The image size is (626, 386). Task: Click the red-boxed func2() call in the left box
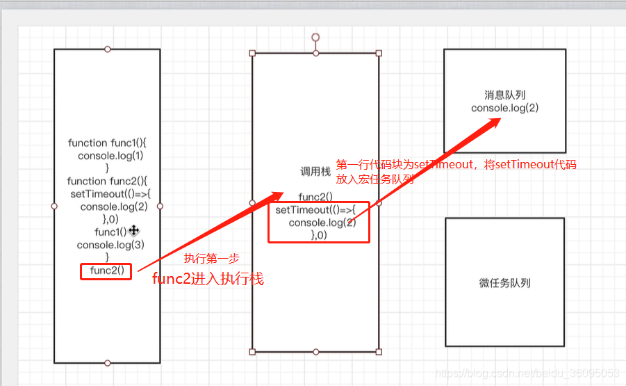[x=106, y=271]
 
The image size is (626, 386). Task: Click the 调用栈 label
[x=315, y=172]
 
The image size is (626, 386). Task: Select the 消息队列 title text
[x=504, y=95]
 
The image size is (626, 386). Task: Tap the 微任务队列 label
[x=505, y=283]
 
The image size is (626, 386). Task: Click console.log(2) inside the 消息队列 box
[x=504, y=108]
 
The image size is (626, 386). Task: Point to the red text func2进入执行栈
[x=208, y=280]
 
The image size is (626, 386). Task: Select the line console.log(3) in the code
[x=110, y=245]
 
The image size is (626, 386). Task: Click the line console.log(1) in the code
[x=110, y=156]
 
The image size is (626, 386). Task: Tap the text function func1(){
[x=107, y=143]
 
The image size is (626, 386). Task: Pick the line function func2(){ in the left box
[x=107, y=181]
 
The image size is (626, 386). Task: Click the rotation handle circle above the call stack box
[x=315, y=36]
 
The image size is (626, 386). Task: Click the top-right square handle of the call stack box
[x=379, y=53]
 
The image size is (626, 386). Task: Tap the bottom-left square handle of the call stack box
[x=252, y=352]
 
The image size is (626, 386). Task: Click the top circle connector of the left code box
[x=107, y=49]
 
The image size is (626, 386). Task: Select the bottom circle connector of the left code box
[x=107, y=363]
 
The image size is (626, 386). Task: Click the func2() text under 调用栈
[x=315, y=197]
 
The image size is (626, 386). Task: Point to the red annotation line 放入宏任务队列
[x=375, y=179]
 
